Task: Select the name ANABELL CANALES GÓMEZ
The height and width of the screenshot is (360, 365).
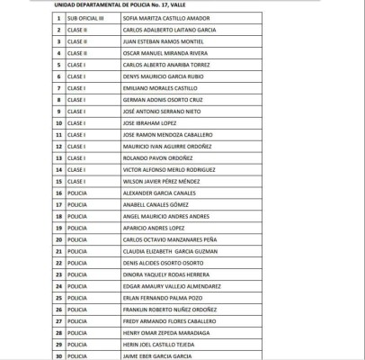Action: point(158,204)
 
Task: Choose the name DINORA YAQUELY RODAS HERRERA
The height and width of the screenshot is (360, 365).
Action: point(169,274)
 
